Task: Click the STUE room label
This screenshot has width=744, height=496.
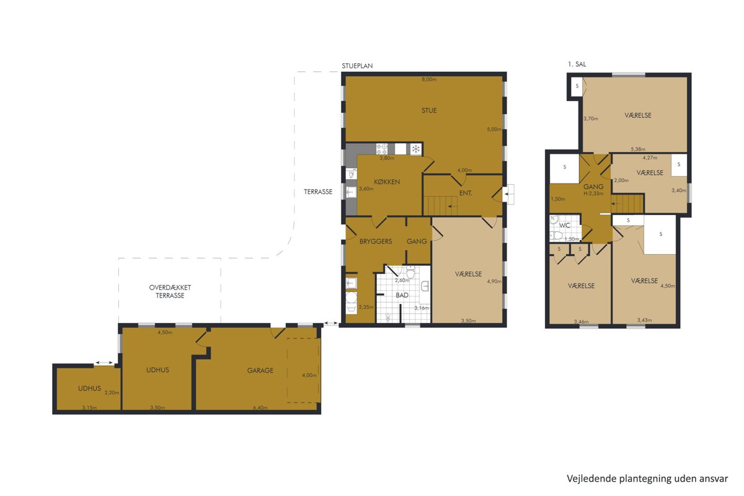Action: click(429, 110)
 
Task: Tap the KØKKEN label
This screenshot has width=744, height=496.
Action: click(387, 182)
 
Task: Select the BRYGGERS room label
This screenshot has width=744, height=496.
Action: click(376, 242)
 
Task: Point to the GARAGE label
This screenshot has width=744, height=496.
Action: click(260, 370)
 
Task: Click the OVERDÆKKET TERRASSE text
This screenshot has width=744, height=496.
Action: click(170, 291)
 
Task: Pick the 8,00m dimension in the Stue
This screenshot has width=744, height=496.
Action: click(429, 79)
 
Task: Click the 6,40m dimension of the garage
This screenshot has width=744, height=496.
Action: click(260, 407)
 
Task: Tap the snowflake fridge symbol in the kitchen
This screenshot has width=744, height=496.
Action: click(416, 149)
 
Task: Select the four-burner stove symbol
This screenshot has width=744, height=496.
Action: click(382, 149)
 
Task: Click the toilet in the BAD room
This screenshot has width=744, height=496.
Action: click(410, 272)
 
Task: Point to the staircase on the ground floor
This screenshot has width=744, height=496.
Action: click(440, 206)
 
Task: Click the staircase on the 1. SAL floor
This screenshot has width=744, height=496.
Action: click(627, 203)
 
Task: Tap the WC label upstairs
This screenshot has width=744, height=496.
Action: click(565, 225)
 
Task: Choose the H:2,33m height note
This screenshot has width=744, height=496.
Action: click(593, 193)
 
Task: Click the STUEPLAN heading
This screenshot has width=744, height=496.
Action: click(357, 66)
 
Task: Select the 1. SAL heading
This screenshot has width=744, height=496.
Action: click(577, 64)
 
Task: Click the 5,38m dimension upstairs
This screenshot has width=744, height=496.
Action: click(638, 149)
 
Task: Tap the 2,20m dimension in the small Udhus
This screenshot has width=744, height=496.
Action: click(112, 392)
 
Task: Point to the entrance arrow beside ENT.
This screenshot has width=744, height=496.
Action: click(508, 194)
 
